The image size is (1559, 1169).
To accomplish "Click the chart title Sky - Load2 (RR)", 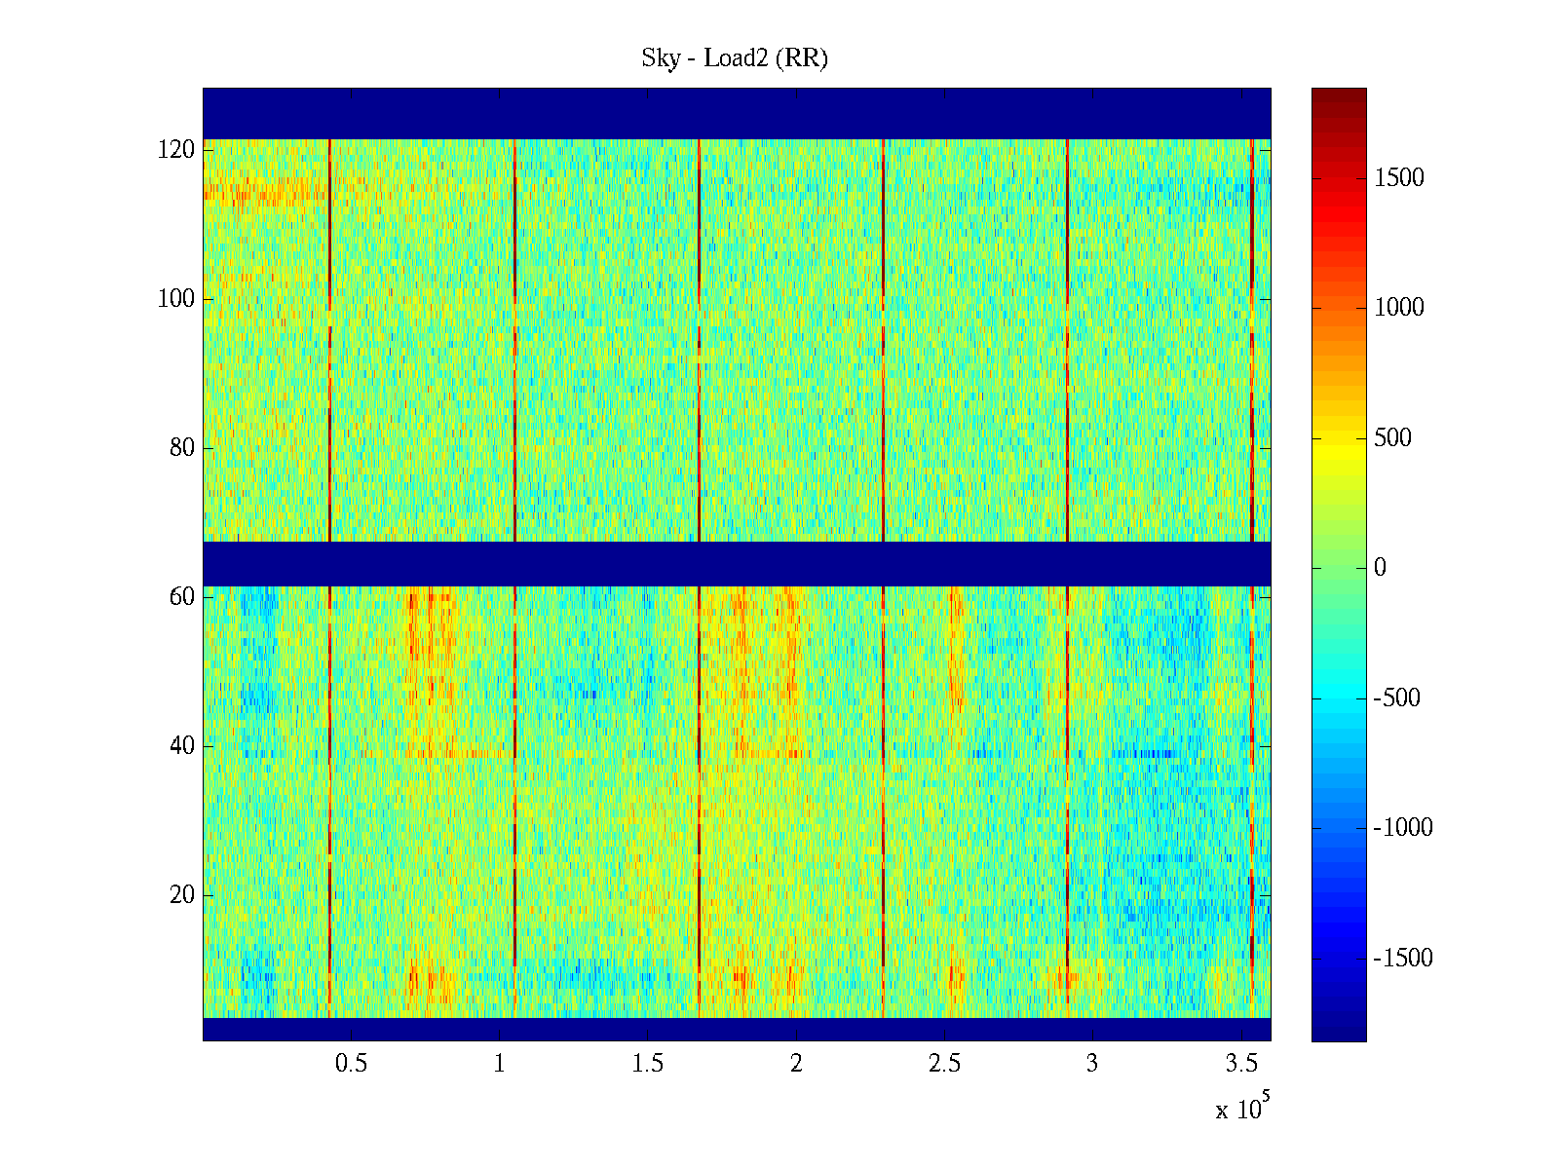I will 735,58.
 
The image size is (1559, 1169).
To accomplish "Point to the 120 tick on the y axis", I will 176,150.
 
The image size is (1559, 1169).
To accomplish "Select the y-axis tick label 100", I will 176,299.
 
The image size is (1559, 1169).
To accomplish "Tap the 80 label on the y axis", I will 182,448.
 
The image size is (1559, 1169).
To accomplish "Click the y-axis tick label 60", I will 182,597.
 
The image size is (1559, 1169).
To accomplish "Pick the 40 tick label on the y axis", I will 182,746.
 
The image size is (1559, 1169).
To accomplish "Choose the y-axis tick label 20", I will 182,895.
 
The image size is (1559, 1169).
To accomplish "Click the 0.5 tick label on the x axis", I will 351,1064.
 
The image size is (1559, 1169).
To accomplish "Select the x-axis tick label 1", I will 500,1064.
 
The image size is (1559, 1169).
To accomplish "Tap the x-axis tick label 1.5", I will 648,1064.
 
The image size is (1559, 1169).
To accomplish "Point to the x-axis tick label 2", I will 796,1064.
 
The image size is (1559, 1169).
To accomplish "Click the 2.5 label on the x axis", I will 944,1064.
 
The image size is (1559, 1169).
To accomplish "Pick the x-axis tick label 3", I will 1092,1064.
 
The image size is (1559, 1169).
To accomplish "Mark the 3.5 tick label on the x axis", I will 1240,1064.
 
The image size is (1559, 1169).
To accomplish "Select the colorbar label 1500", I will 1399,178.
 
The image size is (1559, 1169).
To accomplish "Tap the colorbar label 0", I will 1380,568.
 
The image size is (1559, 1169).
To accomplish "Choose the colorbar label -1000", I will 1403,828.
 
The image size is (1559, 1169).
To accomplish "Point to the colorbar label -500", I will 1397,698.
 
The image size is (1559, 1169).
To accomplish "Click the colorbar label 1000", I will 1399,308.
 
